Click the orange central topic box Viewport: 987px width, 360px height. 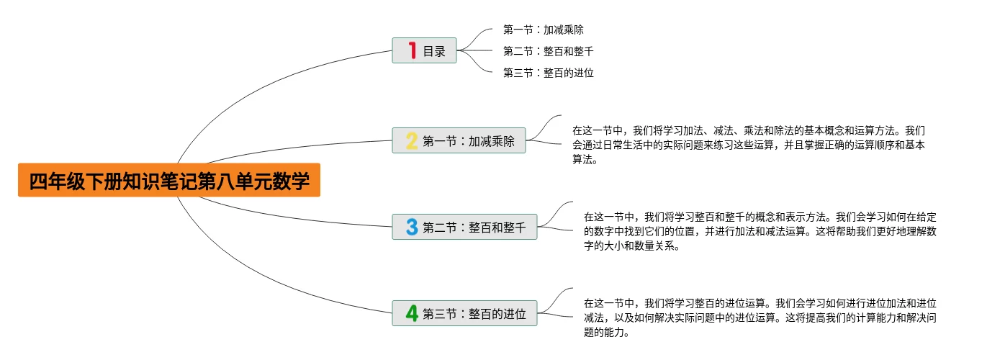pyautogui.click(x=169, y=180)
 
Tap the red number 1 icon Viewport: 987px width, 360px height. pyautogui.click(x=412, y=50)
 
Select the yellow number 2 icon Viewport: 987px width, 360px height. pyautogui.click(x=411, y=140)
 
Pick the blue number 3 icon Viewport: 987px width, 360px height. pyautogui.click(x=412, y=228)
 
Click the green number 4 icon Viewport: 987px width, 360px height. pyautogui.click(x=412, y=313)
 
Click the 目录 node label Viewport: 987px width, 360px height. pyautogui.click(x=434, y=51)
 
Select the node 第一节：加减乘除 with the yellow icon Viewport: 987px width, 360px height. pyautogui.click(x=469, y=141)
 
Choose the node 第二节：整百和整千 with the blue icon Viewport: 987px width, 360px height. pyautogui.click(x=474, y=228)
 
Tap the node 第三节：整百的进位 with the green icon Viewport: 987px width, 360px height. pyautogui.click(x=474, y=314)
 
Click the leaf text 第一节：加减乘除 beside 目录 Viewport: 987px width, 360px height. pyautogui.click(x=544, y=30)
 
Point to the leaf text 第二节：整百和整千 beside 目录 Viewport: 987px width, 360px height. pyautogui.click(x=549, y=51)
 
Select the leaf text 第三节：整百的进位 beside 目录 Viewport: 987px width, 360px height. pyautogui.click(x=549, y=73)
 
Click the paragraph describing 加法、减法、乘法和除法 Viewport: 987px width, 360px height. pyautogui.click(x=749, y=145)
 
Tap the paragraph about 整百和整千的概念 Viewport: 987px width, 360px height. pyautogui.click(x=760, y=231)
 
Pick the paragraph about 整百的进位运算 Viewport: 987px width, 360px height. pyautogui.click(x=760, y=318)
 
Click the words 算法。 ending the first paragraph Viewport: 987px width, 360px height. pyautogui.click(x=585, y=160)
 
